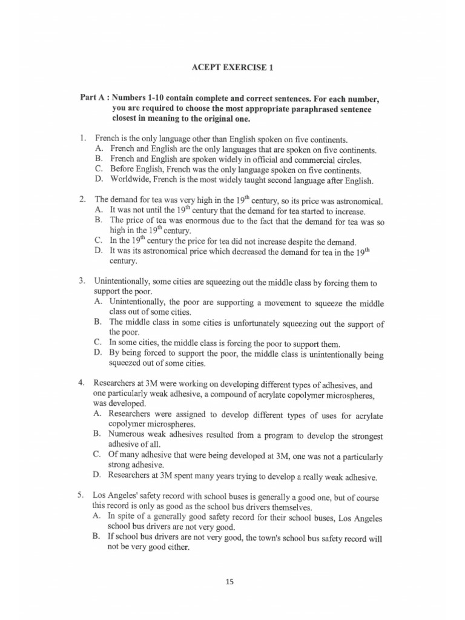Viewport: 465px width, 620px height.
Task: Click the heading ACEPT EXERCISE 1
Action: (232, 68)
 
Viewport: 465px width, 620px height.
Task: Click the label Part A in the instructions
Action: (94, 97)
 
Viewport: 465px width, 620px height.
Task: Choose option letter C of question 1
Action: (98, 170)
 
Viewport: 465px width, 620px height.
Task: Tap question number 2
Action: (82, 199)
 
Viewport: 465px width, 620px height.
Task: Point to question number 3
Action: (82, 282)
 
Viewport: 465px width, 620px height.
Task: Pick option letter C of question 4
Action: (97, 454)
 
